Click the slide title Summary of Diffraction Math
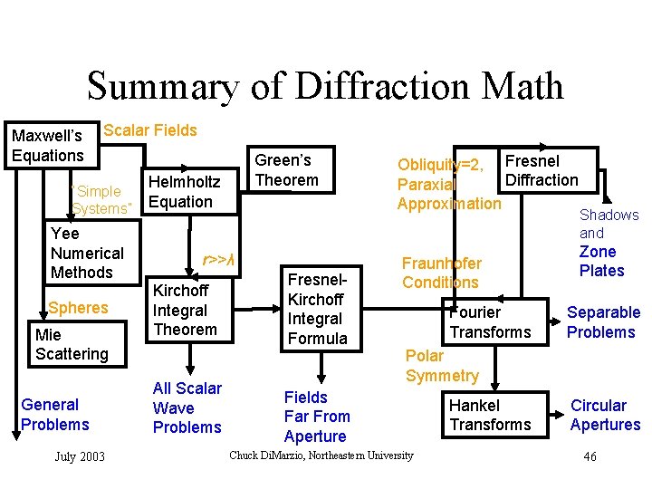tap(325, 86)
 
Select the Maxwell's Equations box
tap(48, 146)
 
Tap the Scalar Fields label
tap(150, 130)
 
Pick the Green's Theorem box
tap(286, 170)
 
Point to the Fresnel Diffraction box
tap(541, 170)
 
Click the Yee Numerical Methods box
tap(88, 253)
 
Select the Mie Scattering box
tap(72, 344)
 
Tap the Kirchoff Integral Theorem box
tap(185, 310)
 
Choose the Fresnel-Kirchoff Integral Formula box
tap(316, 309)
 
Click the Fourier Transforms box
tap(490, 321)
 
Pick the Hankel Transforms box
tap(490, 415)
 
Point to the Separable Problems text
tap(603, 321)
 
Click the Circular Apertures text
tap(605, 415)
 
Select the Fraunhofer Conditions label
tap(442, 273)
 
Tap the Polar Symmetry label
tap(442, 365)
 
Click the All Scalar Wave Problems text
tap(187, 407)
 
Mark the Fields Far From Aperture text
tap(316, 417)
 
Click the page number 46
tap(590, 456)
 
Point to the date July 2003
tap(80, 456)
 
